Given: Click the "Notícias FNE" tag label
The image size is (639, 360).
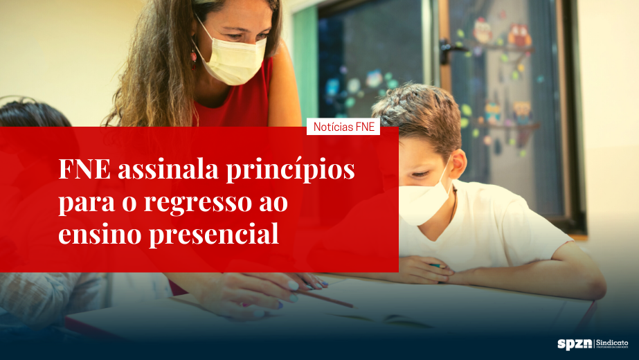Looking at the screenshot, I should [x=343, y=127].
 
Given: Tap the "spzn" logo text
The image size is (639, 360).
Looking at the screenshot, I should [x=573, y=343].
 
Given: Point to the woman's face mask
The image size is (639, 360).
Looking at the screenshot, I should [x=232, y=59].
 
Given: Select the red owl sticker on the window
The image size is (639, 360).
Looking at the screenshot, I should [x=519, y=35].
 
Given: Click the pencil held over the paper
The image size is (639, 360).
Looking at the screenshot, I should [x=325, y=298].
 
